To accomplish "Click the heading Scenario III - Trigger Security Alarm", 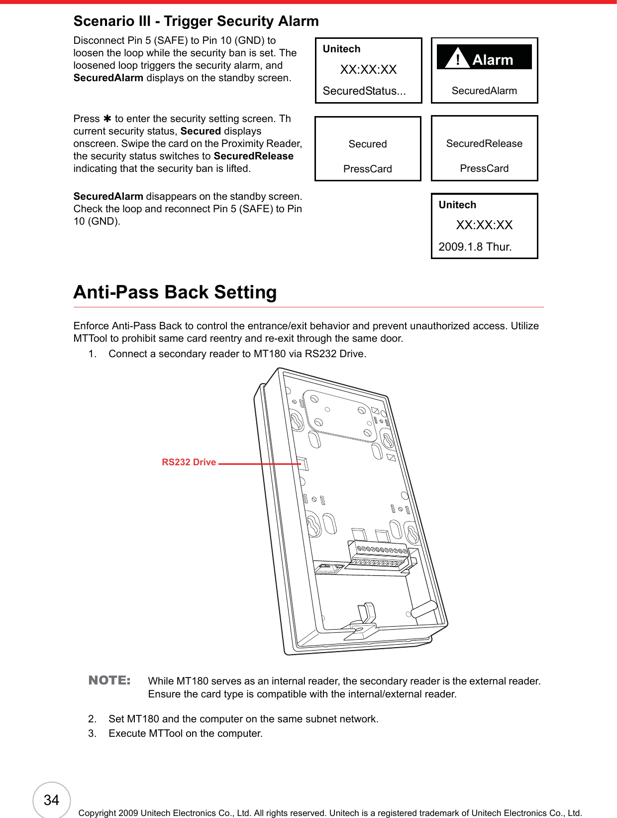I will tap(196, 21).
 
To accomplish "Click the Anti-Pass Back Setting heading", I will tap(175, 292).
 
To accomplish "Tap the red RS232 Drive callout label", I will tap(189, 462).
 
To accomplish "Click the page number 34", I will tap(51, 800).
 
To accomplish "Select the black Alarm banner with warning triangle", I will tap(484, 57).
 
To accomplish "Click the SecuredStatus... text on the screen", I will tap(364, 91).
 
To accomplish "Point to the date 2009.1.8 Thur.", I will tap(475, 247).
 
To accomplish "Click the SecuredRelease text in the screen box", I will tap(484, 143).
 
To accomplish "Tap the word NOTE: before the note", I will tap(109, 681).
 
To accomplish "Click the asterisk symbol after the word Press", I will tap(107, 119).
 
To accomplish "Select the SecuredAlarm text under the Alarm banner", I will tap(484, 91).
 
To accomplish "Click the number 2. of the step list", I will tap(93, 719).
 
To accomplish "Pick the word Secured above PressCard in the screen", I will tap(368, 144).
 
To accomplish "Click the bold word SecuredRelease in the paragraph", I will tap(253, 156).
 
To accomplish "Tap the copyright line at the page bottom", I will tap(330, 813).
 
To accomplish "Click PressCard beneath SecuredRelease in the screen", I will tap(484, 168).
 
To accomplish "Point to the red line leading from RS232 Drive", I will tap(259, 463).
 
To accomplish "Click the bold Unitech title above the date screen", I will tap(457, 205).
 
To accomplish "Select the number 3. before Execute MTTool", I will tap(93, 733).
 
